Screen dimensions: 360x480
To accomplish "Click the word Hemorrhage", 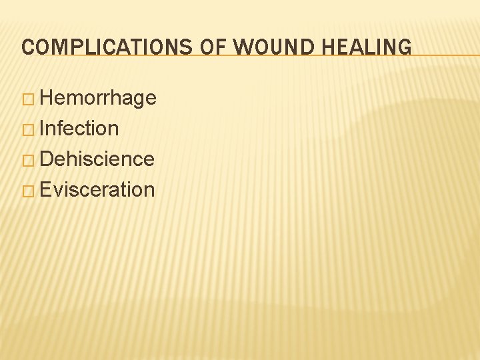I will tap(98, 99).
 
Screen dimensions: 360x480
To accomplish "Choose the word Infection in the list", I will tap(79, 129).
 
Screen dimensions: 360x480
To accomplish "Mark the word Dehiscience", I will tap(97, 159).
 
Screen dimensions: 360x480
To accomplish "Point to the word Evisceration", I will tap(97, 190).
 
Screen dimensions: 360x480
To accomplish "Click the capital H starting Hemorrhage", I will tap(46, 99).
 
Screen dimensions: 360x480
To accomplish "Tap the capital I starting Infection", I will tap(42, 129).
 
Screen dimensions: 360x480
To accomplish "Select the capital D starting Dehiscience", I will tap(46, 159).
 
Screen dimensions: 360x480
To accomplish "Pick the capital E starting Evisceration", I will tap(45, 190).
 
